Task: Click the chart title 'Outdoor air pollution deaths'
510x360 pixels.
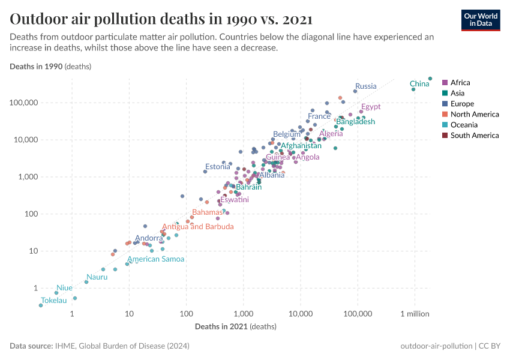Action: (x=161, y=19)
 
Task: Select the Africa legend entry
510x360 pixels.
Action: (x=460, y=83)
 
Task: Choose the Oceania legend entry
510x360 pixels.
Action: (x=464, y=125)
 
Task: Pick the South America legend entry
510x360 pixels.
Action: (x=474, y=136)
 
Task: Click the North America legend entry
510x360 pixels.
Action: (x=474, y=115)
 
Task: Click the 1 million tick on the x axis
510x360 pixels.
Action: (x=415, y=314)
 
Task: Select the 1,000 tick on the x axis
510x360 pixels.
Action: (x=243, y=314)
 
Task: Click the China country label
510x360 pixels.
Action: (x=419, y=84)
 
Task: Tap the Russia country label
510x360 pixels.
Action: (x=365, y=86)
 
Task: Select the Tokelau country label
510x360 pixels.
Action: (x=53, y=301)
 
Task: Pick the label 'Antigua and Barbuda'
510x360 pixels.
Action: (x=198, y=227)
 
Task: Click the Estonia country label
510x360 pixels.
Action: (x=217, y=167)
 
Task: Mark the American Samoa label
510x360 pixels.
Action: (x=155, y=259)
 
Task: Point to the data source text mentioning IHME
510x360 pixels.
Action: (x=99, y=346)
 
